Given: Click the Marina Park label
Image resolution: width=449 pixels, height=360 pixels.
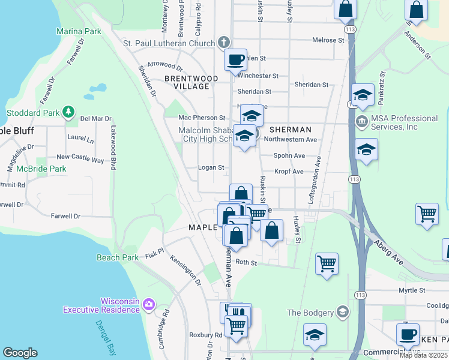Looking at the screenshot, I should pyautogui.click(x=78, y=31).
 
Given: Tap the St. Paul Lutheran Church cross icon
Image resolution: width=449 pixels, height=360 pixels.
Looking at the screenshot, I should pyautogui.click(x=224, y=43).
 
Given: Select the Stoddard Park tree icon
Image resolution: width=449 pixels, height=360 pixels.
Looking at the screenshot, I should pyautogui.click(x=69, y=112).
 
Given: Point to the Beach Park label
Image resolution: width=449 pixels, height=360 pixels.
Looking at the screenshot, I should pyautogui.click(x=118, y=257).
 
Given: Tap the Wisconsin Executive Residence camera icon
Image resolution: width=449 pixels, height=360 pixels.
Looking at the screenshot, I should pyautogui.click(x=149, y=305).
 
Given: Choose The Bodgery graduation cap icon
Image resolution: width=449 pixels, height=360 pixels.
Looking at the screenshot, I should pyautogui.click(x=342, y=311).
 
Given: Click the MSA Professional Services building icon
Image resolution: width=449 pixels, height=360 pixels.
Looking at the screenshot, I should pyautogui.click(x=363, y=122).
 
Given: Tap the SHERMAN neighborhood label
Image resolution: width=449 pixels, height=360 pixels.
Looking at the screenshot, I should pyautogui.click(x=290, y=130).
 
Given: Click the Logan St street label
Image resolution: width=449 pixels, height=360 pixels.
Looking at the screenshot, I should pyautogui.click(x=211, y=168).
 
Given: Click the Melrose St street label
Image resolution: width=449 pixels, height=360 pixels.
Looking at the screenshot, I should pyautogui.click(x=328, y=40).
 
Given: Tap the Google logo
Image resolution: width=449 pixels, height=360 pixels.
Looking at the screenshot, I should pyautogui.click(x=20, y=353).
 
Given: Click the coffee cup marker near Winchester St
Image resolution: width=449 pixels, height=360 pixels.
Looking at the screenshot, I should pyautogui.click(x=236, y=60).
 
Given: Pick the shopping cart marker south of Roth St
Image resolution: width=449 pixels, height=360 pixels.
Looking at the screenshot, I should pyautogui.click(x=327, y=263).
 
